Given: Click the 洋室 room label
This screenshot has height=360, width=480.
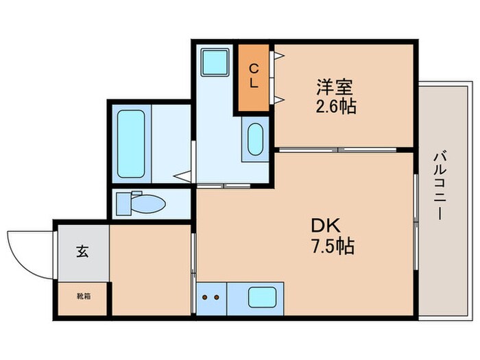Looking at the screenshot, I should [x=335, y=88].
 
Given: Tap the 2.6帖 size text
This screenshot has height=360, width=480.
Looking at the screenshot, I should [x=335, y=107].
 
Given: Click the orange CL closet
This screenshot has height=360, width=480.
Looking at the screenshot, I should [x=254, y=77].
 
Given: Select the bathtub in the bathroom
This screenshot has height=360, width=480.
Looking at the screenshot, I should [x=130, y=143].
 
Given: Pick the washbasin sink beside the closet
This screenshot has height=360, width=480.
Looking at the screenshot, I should [x=255, y=140].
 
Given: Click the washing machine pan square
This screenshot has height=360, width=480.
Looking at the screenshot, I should [x=215, y=62].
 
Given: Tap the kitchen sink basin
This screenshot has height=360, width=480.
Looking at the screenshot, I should [x=262, y=298].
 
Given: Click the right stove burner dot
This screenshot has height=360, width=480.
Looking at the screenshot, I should [x=217, y=298].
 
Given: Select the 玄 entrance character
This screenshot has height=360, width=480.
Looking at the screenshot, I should [x=82, y=252].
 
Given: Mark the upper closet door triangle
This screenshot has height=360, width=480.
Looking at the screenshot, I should [x=279, y=57].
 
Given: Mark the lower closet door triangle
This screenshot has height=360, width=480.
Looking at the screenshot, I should [x=279, y=100].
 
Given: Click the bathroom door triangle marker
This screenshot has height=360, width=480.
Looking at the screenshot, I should [x=182, y=176].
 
